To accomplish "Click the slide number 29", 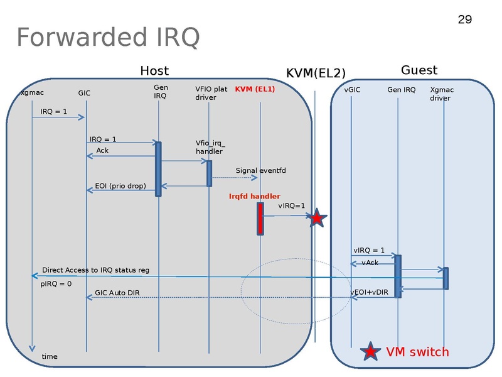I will [464, 19].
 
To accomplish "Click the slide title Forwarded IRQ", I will [108, 38].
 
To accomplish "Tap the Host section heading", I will [154, 70].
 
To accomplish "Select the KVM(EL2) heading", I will [316, 73].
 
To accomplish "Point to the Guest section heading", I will [419, 70].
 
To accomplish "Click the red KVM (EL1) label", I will [255, 89].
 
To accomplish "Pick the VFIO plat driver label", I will [211, 94].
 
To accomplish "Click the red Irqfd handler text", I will [255, 196].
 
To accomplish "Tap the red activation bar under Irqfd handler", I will [260, 218].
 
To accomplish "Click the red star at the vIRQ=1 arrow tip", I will [317, 218].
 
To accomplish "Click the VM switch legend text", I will [417, 352].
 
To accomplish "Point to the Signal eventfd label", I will [260, 170].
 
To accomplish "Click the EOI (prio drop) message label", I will [120, 186].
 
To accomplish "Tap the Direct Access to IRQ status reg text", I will [95, 270].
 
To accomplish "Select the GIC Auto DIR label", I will [117, 293].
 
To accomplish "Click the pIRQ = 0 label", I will [56, 283].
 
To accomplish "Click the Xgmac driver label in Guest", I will [442, 94].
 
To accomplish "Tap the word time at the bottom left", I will [49, 356].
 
